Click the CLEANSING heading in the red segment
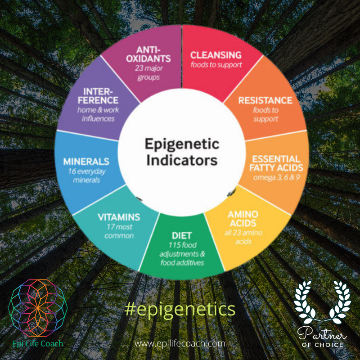tap(216, 55)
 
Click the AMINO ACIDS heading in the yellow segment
tap(242, 219)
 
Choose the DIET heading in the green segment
tap(182, 235)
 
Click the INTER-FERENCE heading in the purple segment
tap(98, 95)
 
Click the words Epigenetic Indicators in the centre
tap(181, 152)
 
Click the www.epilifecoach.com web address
tap(180, 343)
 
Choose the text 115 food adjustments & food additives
tap(182, 254)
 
